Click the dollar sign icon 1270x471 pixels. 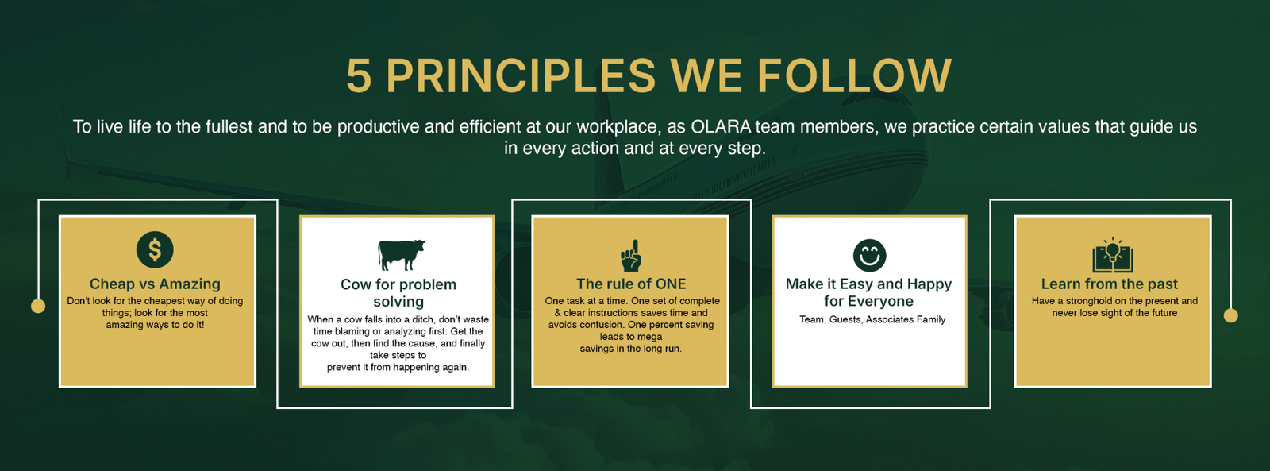coord(155,249)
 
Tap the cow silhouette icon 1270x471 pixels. coord(402,255)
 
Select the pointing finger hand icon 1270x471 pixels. coord(631,256)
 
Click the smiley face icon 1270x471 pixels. coord(869,256)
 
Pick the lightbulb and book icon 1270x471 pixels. coord(1113,255)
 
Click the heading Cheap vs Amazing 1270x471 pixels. coord(155,284)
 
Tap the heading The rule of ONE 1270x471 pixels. coord(631,284)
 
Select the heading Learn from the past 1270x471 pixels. coord(1110,284)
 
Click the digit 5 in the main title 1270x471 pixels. coord(359,75)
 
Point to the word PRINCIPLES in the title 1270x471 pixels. coord(521,75)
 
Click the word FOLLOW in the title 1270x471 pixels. coord(854,75)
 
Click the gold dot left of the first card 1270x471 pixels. coord(38,306)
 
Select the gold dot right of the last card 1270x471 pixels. coord(1231,315)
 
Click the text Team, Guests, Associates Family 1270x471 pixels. coord(872,319)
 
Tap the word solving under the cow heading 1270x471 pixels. coord(398,302)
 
